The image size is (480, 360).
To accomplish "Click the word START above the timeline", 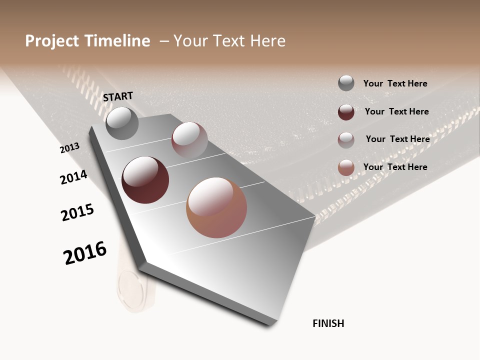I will [x=118, y=96].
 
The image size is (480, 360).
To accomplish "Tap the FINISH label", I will [x=328, y=323].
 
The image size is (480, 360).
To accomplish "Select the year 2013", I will [x=70, y=148].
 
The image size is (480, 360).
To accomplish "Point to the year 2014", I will [x=73, y=177].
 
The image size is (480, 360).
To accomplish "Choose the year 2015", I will [x=77, y=212].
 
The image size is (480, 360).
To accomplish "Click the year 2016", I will [x=85, y=253].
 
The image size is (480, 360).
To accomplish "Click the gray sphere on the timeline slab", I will [x=122, y=123].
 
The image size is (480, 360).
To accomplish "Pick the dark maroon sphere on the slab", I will [x=145, y=180].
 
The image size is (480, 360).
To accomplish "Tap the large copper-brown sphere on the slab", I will [x=216, y=207].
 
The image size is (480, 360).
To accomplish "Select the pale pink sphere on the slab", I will [x=189, y=139].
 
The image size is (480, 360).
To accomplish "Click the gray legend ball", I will [x=346, y=83].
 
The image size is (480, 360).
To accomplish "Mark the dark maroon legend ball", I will [x=346, y=112].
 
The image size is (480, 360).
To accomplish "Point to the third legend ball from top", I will [x=346, y=140].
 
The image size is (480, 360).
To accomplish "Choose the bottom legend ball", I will [x=346, y=167].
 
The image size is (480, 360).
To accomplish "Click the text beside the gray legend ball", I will [x=395, y=83].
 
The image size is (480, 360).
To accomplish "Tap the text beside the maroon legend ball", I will [x=396, y=111].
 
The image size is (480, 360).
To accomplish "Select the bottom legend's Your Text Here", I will [x=395, y=167].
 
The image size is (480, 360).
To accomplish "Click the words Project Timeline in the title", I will [x=87, y=41].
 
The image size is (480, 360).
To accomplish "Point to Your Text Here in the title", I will [x=229, y=41].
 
